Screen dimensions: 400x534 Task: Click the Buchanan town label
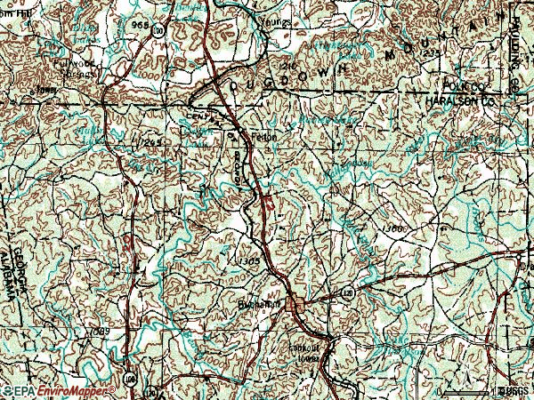click(x=266, y=303)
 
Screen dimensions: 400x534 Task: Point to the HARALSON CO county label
click(x=462, y=101)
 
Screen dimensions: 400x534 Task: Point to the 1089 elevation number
click(x=100, y=332)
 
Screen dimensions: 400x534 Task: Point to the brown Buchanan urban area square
click(x=292, y=306)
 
